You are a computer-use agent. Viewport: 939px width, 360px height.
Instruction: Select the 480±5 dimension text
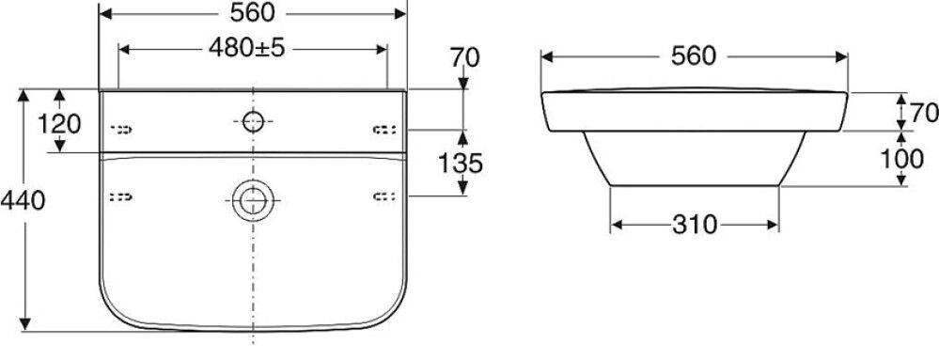click(x=251, y=50)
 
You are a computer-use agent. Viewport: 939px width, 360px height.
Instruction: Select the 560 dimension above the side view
click(x=694, y=56)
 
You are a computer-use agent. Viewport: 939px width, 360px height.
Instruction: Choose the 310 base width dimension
click(x=695, y=225)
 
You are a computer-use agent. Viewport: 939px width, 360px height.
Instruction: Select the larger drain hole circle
click(x=252, y=197)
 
